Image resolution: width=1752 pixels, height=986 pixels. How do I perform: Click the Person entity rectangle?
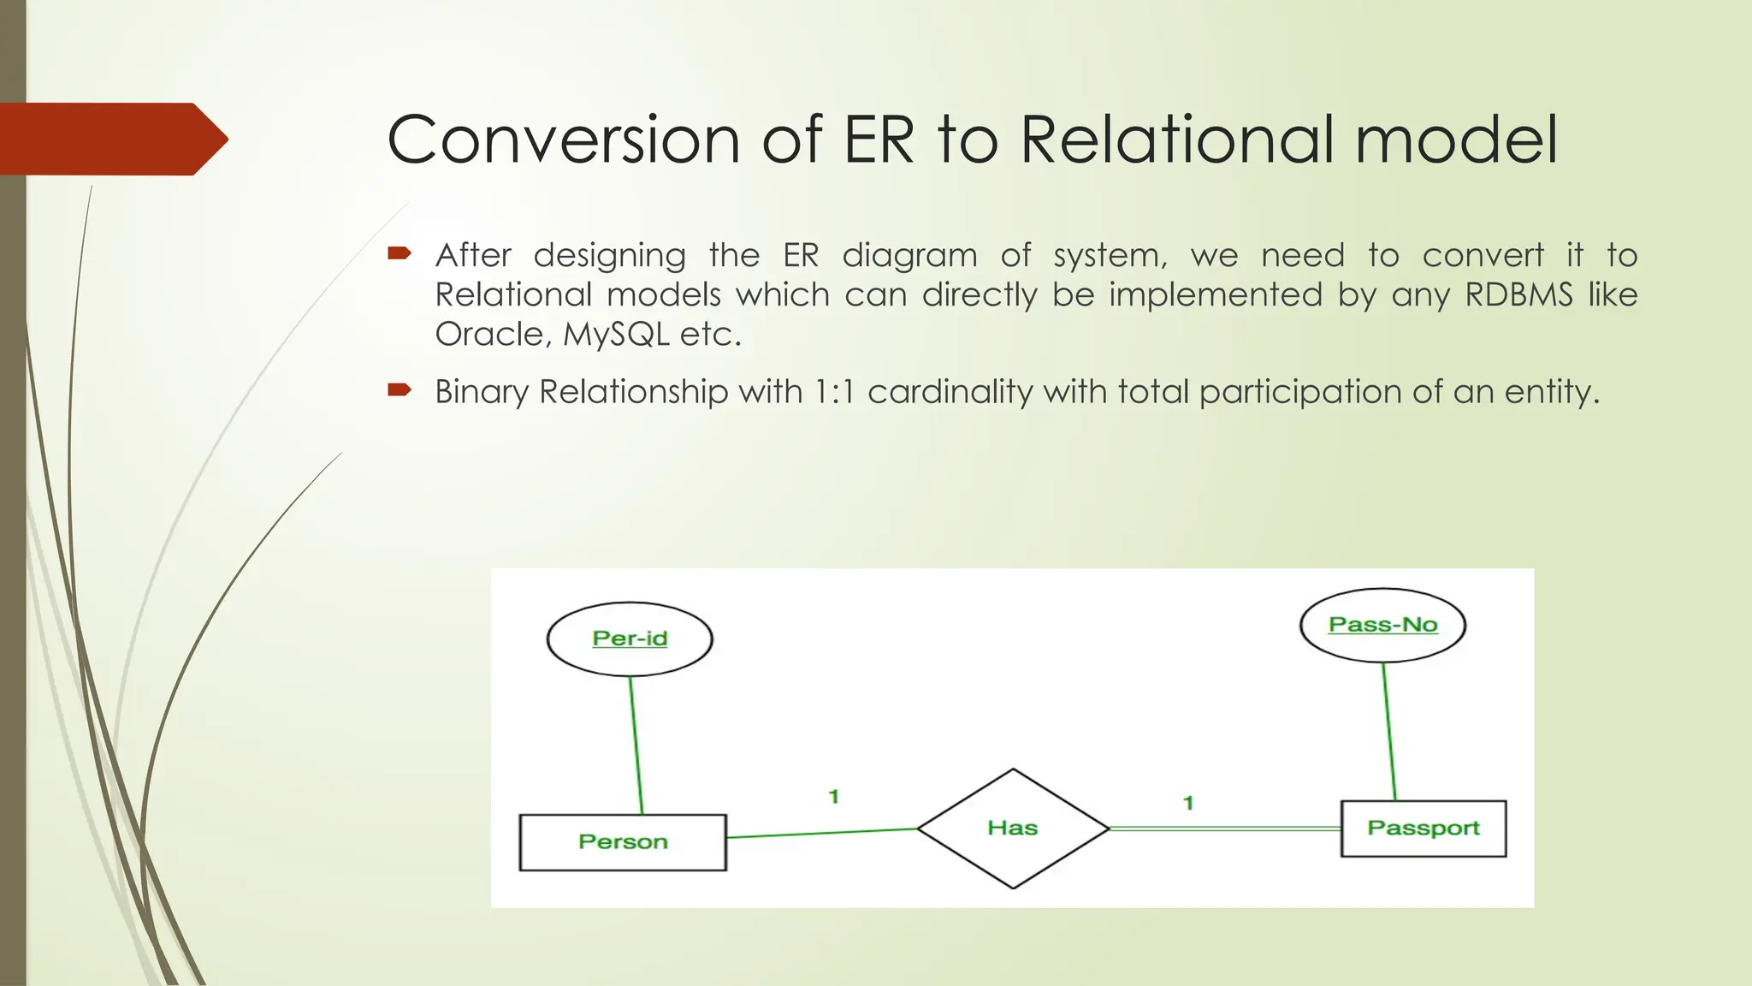pyautogui.click(x=623, y=842)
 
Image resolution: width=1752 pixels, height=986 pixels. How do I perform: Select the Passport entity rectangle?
pyautogui.click(x=1423, y=829)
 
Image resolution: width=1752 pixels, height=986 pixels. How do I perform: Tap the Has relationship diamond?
pyautogui.click(x=1013, y=828)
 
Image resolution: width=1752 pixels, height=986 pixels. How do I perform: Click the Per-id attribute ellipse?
pyautogui.click(x=630, y=639)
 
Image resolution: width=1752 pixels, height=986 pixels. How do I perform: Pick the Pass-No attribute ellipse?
pyautogui.click(x=1382, y=625)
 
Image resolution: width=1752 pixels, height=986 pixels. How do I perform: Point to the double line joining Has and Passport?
pyautogui.click(x=1223, y=829)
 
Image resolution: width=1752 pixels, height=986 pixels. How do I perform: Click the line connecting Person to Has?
pyautogui.click(x=821, y=833)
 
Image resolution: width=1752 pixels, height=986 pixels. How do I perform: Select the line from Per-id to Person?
pyautogui.click(x=636, y=745)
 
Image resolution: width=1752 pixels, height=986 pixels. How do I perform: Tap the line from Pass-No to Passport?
pyautogui.click(x=1389, y=732)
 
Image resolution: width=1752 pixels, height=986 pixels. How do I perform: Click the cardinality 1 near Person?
pyautogui.click(x=834, y=797)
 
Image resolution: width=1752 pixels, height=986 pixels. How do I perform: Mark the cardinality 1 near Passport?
pyautogui.click(x=1188, y=803)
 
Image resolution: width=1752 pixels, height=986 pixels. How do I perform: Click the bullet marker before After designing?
pyautogui.click(x=400, y=253)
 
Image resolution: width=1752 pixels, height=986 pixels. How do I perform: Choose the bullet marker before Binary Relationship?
pyautogui.click(x=400, y=390)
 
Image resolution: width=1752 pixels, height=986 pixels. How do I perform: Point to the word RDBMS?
pyautogui.click(x=1518, y=294)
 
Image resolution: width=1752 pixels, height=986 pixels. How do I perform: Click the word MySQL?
pyautogui.click(x=616, y=334)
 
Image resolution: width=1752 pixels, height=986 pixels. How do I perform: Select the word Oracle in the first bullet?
pyautogui.click(x=489, y=334)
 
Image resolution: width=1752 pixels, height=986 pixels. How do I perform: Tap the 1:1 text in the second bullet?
pyautogui.click(x=834, y=392)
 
